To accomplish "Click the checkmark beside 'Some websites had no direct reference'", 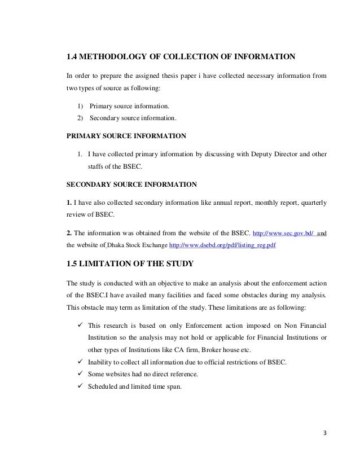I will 80,374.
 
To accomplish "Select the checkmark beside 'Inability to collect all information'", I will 80,362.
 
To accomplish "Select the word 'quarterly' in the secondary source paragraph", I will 310,201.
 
